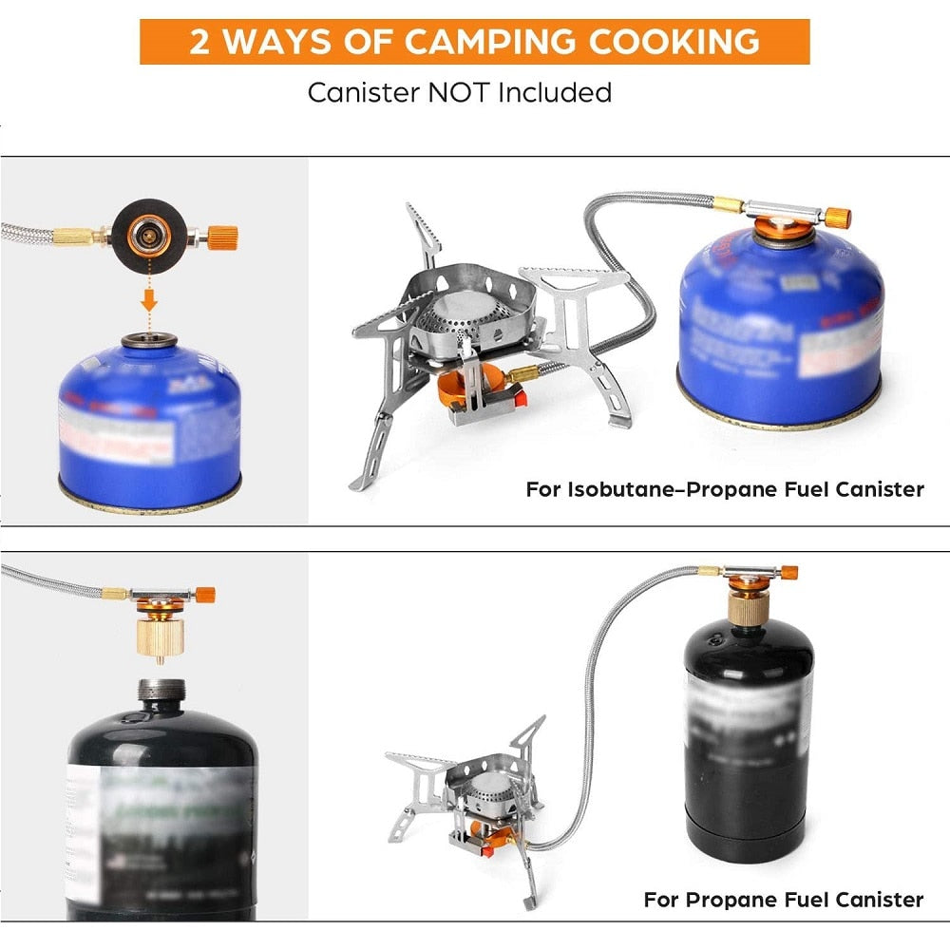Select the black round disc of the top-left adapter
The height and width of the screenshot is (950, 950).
click(146, 232)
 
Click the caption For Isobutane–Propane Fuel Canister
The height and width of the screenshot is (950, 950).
click(724, 490)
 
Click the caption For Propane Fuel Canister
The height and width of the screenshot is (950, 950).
click(783, 899)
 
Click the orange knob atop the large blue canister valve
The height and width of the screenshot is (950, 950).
click(837, 218)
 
